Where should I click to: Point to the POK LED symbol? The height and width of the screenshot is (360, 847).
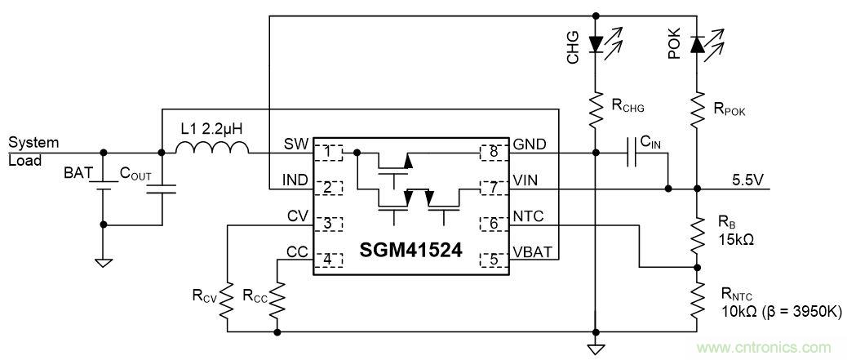pyautogui.click(x=696, y=45)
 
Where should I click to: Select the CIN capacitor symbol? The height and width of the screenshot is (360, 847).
pyautogui.click(x=632, y=152)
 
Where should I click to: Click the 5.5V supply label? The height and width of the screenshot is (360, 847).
pyautogui.click(x=748, y=180)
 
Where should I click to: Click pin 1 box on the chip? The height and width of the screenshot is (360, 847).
pyautogui.click(x=328, y=152)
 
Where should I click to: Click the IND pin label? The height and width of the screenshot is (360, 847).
pyautogui.click(x=296, y=180)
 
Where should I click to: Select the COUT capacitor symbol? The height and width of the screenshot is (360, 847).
pyautogui.click(x=162, y=189)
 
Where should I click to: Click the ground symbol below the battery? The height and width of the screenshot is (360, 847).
pyautogui.click(x=103, y=262)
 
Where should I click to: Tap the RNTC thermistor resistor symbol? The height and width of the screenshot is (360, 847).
pyautogui.click(x=696, y=299)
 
